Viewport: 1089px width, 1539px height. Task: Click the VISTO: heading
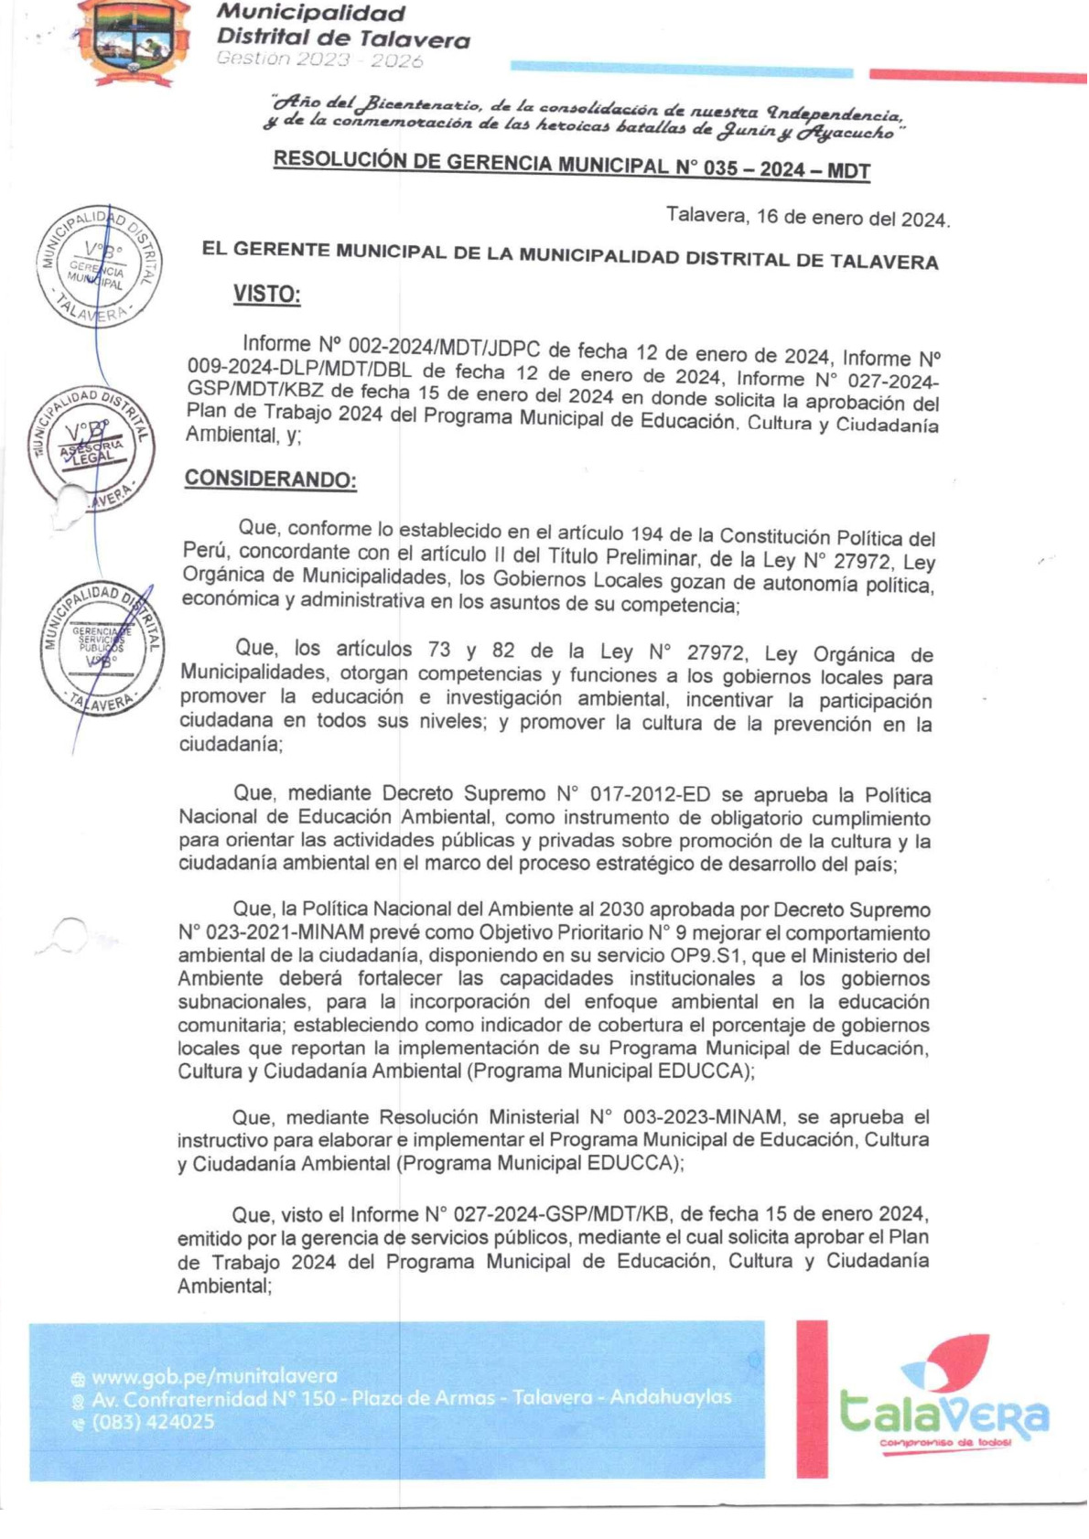pos(266,294)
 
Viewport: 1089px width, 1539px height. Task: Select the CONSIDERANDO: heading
pos(270,479)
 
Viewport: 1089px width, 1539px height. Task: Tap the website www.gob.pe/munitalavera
pos(214,1376)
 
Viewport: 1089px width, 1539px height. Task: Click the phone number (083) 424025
pos(153,1422)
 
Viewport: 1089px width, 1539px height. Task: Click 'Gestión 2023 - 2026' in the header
pos(319,60)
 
